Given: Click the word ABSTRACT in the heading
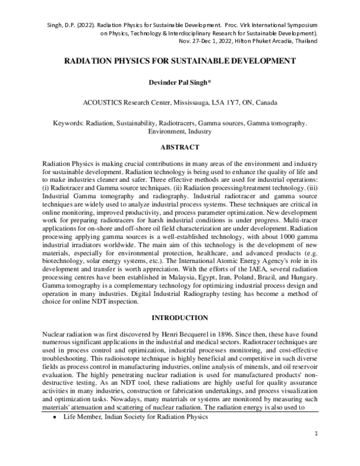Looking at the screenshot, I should pyautogui.click(x=180, y=145).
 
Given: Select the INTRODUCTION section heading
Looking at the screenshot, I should pyautogui.click(x=179, y=316).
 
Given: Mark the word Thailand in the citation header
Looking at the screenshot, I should pyautogui.click(x=305, y=44).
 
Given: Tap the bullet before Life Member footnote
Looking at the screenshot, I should pyautogui.click(x=56, y=433).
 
